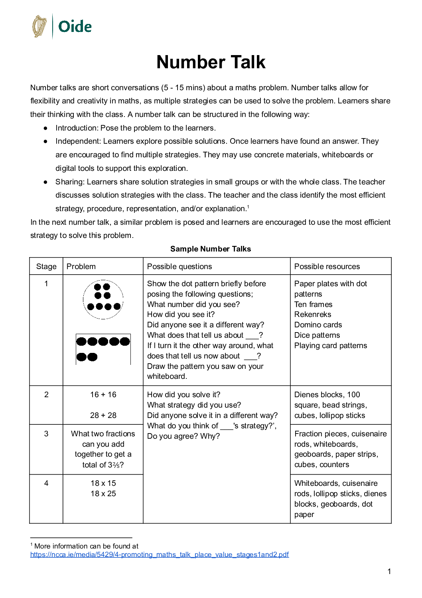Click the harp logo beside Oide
point(39,26)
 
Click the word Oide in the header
point(75,27)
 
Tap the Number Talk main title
point(211,62)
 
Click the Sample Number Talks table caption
point(211,249)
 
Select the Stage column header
point(46,266)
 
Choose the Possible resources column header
point(327,266)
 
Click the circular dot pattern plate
point(103,299)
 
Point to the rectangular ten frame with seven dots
point(103,349)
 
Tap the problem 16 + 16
point(103,394)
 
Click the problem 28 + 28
point(103,415)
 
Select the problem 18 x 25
point(103,493)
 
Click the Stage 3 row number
point(46,434)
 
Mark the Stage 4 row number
point(46,483)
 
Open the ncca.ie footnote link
point(160,554)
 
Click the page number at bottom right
point(389,571)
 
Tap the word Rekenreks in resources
point(313,315)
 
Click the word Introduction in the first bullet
point(77,128)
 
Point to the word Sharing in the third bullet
point(70,182)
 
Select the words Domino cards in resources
point(318,325)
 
